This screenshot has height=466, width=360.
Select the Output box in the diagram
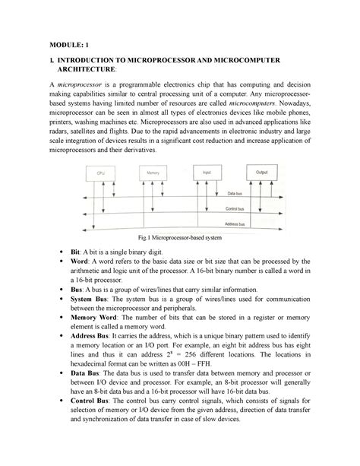(x=263, y=173)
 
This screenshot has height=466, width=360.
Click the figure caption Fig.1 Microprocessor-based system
(x=179, y=241)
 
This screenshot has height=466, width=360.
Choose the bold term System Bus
(x=90, y=300)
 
